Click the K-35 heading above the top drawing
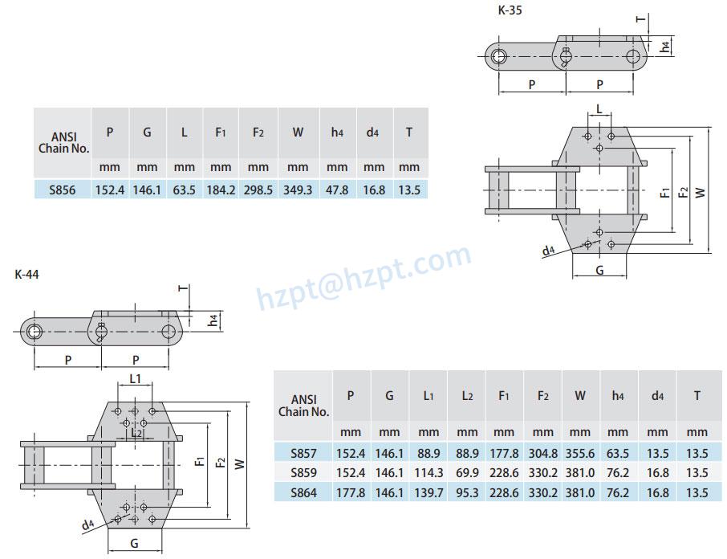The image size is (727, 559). click(511, 10)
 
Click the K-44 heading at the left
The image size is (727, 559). click(26, 274)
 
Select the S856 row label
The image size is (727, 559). click(63, 190)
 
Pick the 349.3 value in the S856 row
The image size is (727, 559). click(298, 190)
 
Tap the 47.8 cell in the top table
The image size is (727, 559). click(337, 190)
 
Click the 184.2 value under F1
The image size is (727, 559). click(221, 190)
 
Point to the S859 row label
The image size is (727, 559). click(303, 472)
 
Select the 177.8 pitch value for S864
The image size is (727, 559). click(351, 493)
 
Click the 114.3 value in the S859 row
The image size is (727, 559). click(428, 472)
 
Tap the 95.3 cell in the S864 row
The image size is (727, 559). click(466, 493)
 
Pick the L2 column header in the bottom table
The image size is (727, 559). click(466, 395)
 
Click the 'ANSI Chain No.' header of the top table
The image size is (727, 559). click(63, 142)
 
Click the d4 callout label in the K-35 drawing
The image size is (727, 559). click(548, 251)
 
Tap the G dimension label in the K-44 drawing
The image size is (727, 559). click(134, 544)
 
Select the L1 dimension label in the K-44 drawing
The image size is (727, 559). click(135, 377)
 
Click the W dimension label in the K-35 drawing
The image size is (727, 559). click(700, 192)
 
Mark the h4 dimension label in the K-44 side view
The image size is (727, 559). click(212, 320)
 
